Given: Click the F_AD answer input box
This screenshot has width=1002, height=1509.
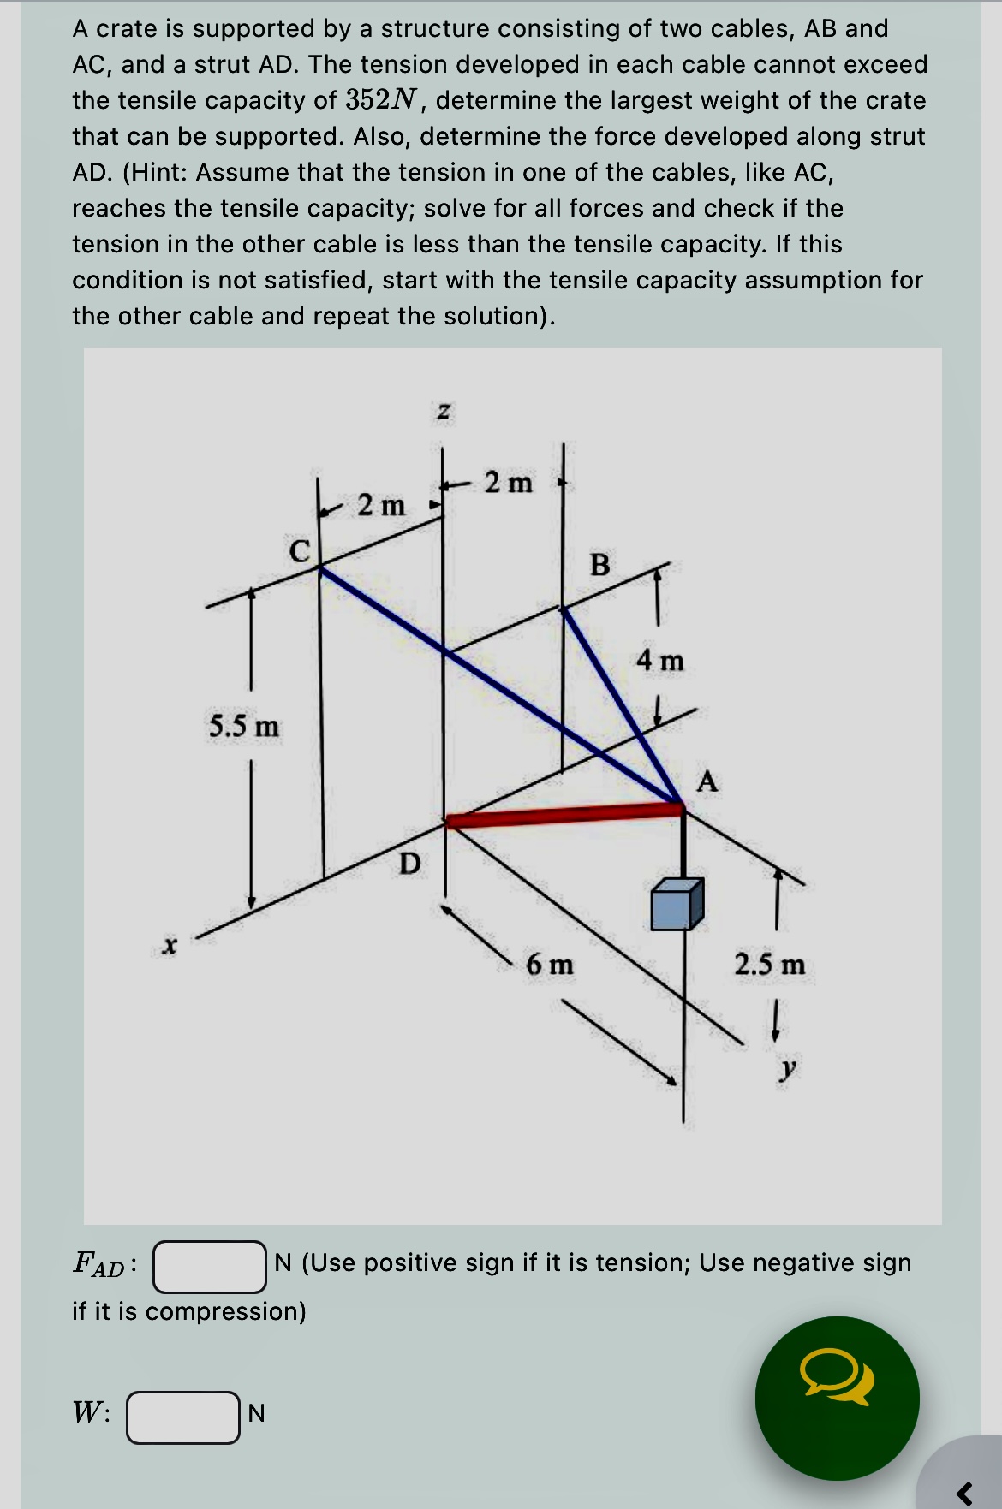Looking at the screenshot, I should [210, 1266].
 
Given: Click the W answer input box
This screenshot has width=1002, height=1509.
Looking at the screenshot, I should [183, 1417].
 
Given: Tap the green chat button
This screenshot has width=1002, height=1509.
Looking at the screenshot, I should [837, 1398].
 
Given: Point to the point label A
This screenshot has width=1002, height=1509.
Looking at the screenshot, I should [707, 781].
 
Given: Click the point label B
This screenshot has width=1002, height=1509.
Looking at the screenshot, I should [600, 565].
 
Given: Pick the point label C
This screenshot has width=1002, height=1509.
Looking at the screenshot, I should [299, 550].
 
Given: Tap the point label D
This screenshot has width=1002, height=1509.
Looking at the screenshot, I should [410, 864].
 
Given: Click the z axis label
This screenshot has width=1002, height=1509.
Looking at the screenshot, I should [443, 413].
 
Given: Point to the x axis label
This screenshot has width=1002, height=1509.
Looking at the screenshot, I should [170, 946].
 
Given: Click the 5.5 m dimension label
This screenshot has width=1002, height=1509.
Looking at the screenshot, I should [244, 727].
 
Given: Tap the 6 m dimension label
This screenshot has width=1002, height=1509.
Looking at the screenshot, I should [550, 965].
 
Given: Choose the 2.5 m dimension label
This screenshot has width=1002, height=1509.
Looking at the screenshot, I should [769, 965].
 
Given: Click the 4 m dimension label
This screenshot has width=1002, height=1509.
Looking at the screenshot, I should [660, 660].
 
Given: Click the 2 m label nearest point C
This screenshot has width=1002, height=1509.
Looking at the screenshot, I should [381, 505].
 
